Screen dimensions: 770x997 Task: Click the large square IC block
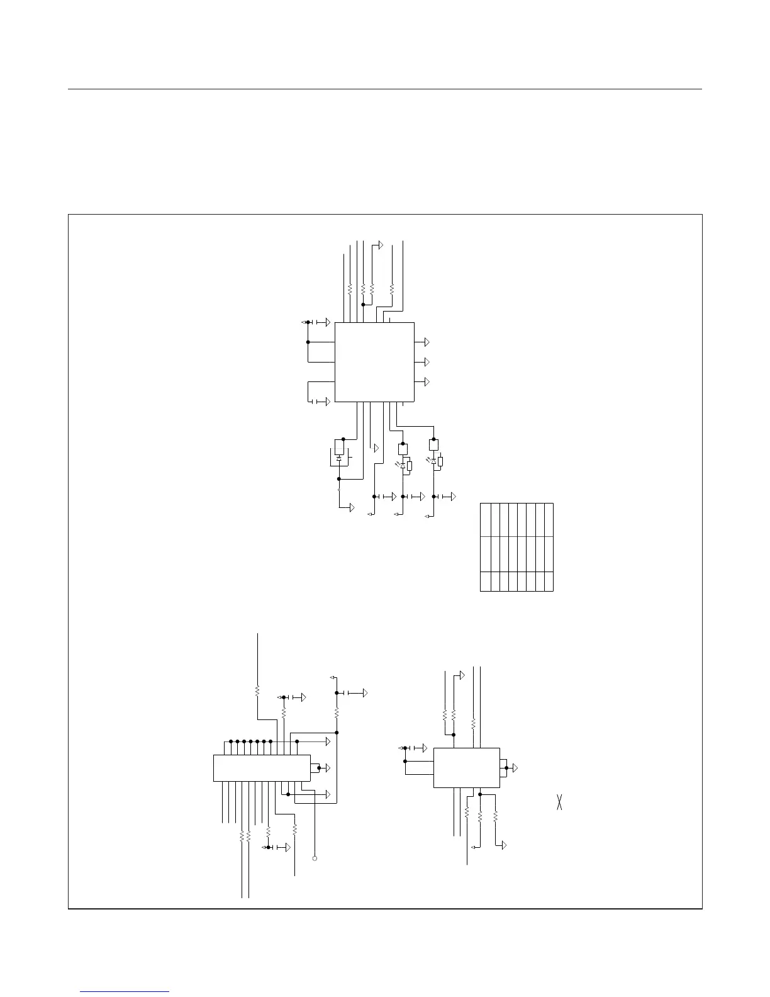pyautogui.click(x=374, y=362)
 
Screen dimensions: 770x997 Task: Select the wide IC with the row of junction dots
pyautogui.click(x=262, y=768)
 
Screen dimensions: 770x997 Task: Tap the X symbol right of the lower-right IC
pyautogui.click(x=559, y=803)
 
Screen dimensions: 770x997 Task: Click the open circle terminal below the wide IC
pyautogui.click(x=315, y=858)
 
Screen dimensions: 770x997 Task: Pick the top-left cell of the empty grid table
pyautogui.click(x=485, y=519)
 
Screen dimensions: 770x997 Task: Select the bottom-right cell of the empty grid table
pyautogui.click(x=548, y=582)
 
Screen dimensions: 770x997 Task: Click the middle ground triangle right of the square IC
pyautogui.click(x=427, y=362)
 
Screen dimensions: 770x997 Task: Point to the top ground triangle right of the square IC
pyautogui.click(x=427, y=342)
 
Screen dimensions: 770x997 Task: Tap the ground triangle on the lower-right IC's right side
pyautogui.click(x=515, y=768)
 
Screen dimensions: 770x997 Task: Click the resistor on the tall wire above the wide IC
pyautogui.click(x=257, y=690)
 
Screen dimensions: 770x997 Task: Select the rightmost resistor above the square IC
pyautogui.click(x=391, y=290)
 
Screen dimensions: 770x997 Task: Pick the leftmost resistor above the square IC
pyautogui.click(x=349, y=290)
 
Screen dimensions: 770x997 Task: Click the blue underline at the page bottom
pyautogui.click(x=125, y=992)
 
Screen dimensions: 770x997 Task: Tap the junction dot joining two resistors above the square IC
pyautogui.click(x=363, y=305)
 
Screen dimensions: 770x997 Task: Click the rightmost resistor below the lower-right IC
pyautogui.click(x=495, y=816)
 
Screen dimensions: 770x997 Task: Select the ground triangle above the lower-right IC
pyautogui.click(x=462, y=675)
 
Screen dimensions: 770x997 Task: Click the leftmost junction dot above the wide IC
pyautogui.click(x=231, y=741)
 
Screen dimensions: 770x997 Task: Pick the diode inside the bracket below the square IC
pyautogui.click(x=338, y=459)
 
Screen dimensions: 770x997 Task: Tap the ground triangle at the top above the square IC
pyautogui.click(x=381, y=244)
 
